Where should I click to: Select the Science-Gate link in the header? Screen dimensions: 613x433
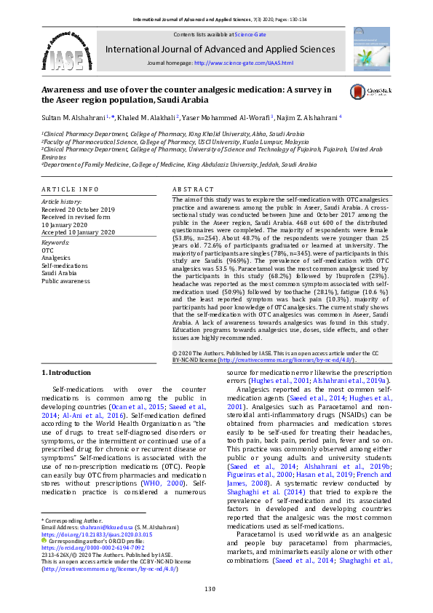pos(250,35)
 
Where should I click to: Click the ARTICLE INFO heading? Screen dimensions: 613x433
pos(69,189)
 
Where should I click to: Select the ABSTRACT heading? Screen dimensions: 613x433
pos(192,189)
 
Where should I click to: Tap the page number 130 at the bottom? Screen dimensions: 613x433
pos(210,588)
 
